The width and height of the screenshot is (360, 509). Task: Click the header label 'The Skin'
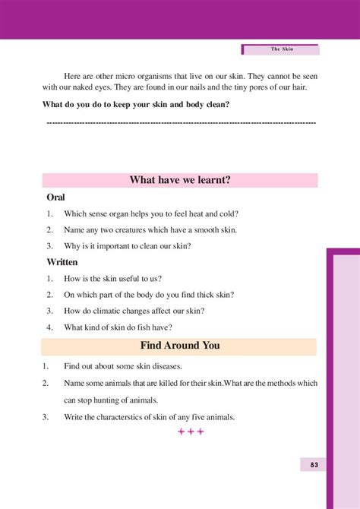[x=283, y=49]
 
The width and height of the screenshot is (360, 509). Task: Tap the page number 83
[x=313, y=464]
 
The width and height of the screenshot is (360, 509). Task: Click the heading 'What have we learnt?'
[x=180, y=180]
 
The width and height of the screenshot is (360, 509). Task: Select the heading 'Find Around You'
[x=180, y=346]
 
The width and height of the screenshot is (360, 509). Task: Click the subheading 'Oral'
[x=55, y=197]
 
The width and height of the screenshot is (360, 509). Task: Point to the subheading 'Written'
[x=62, y=262]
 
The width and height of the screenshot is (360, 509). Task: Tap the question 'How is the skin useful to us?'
[x=113, y=279]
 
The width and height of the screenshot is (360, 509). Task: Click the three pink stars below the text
[x=191, y=432]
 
